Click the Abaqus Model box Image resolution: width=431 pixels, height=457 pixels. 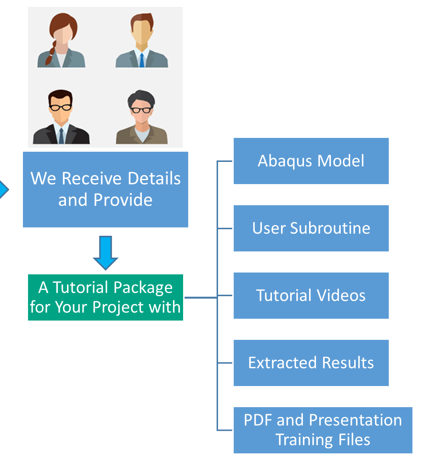point(311,161)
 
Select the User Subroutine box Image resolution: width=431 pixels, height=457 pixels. point(311,228)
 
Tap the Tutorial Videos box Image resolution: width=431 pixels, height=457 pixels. point(311,295)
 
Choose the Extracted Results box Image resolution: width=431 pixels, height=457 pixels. point(311,363)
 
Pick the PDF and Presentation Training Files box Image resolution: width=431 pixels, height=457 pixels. point(323,430)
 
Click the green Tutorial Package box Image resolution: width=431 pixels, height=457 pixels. point(105,297)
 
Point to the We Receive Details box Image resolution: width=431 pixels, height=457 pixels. point(105,189)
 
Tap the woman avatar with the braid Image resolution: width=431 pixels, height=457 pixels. point(62,41)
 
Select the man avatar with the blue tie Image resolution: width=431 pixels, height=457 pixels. point(142,41)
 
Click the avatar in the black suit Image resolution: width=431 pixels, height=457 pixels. point(61,117)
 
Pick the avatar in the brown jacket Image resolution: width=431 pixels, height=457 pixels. point(142,117)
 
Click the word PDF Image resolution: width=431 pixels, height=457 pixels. point(258,420)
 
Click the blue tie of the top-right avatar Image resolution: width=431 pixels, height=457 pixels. point(142,60)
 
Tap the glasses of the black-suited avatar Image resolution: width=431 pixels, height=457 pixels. point(61,107)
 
